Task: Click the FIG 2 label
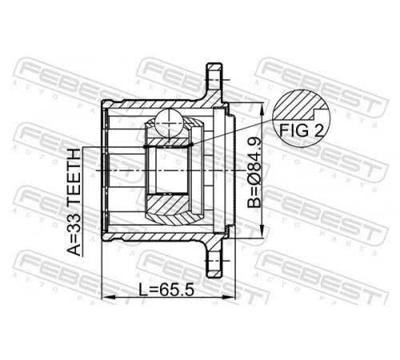tap(301, 130)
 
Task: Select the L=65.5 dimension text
tap(166, 290)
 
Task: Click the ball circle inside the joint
tap(169, 122)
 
